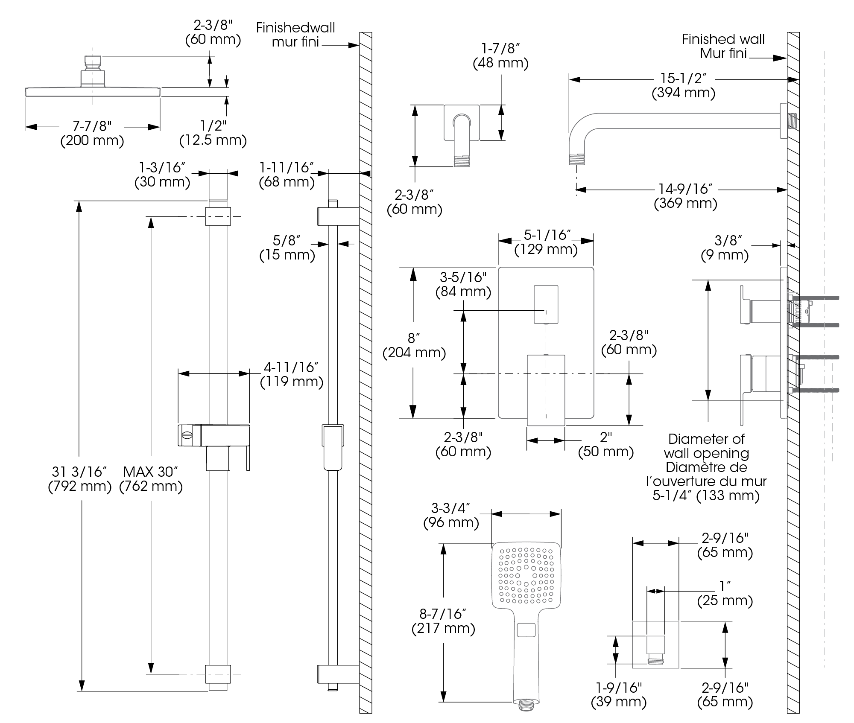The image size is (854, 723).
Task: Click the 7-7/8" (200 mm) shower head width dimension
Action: pos(92,133)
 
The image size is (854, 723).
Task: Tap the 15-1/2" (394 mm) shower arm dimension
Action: pos(683,86)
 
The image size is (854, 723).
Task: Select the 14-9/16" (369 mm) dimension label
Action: pos(685,196)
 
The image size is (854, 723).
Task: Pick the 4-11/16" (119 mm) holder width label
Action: pos(292,374)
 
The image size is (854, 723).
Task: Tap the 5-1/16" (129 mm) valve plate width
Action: pos(546,242)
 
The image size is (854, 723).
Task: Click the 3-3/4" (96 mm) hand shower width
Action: pos(451,515)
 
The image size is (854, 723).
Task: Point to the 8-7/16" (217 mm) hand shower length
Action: pos(443,621)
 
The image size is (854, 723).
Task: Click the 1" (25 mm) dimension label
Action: pos(725,593)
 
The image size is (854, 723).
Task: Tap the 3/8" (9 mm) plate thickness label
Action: pos(725,248)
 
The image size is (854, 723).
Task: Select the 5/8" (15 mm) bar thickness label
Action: pos(287,248)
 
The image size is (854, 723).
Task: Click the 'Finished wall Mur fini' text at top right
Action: pos(723,46)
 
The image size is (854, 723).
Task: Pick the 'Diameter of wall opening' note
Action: pos(706,467)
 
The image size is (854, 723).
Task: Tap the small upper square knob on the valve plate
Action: pos(546,304)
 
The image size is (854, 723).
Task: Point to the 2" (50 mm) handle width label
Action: pos(605,444)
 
